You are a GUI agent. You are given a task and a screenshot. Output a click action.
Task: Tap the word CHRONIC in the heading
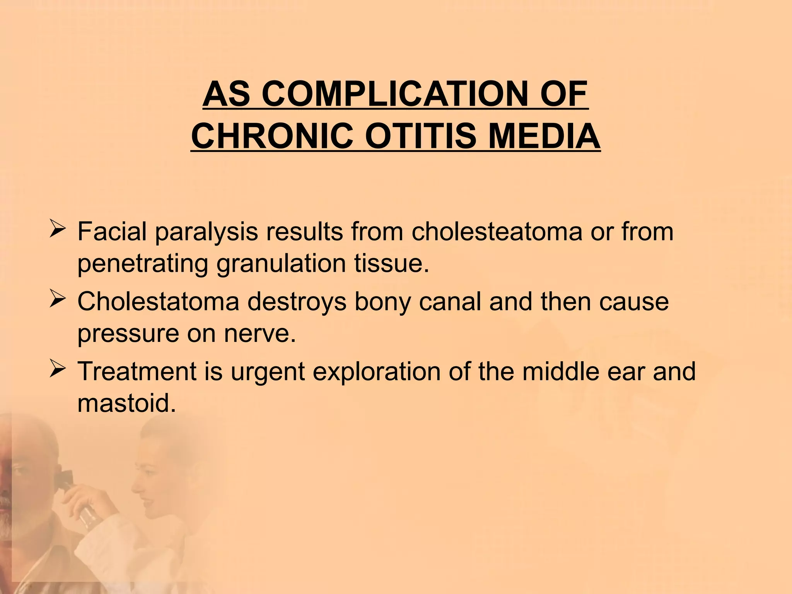tap(272, 137)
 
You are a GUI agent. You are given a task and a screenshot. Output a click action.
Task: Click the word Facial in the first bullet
tap(112, 232)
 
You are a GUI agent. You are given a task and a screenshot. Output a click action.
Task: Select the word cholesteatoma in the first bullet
tap(497, 232)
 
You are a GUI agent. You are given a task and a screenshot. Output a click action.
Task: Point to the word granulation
tap(281, 264)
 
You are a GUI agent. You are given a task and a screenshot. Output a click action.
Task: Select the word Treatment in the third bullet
tap(138, 371)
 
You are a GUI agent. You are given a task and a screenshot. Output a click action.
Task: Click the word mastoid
tap(127, 403)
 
